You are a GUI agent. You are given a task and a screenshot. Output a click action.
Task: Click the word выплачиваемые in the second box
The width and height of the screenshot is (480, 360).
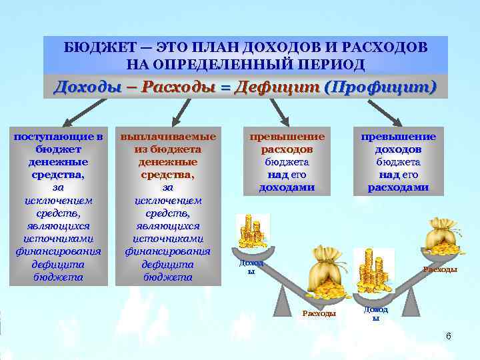point(168,137)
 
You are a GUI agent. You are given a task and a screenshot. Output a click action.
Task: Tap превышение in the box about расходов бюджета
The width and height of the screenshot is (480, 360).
point(287,137)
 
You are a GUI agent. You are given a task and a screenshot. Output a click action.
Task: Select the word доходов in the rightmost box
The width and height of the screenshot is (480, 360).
point(398,149)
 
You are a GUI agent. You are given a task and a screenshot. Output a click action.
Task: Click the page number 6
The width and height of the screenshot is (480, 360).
point(449,336)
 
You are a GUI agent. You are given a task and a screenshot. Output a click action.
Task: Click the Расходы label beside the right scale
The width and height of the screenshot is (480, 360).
point(441,269)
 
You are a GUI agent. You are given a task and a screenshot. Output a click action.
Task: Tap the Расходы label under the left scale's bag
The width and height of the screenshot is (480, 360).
point(319,313)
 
